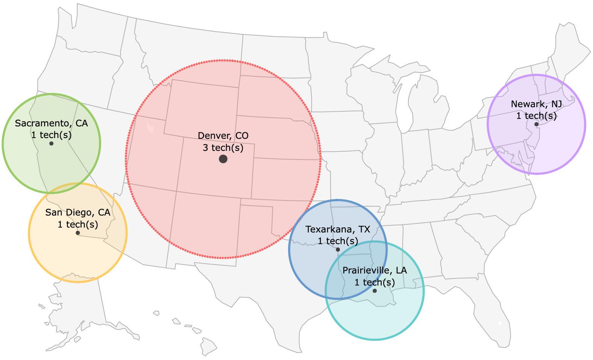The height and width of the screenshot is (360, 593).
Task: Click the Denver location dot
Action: click(x=223, y=159)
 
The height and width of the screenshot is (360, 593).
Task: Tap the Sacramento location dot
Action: click(x=52, y=143)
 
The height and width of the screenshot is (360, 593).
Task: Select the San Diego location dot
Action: click(x=78, y=233)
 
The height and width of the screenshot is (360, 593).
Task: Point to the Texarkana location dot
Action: click(x=338, y=249)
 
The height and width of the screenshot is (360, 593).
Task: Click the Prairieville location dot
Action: click(x=375, y=291)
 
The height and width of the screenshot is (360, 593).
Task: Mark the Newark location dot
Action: click(x=536, y=124)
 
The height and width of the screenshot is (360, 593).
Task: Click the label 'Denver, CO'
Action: click(x=223, y=136)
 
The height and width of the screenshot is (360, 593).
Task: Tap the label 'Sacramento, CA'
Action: click(x=52, y=123)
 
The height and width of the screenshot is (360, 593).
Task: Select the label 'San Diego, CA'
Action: click(x=78, y=213)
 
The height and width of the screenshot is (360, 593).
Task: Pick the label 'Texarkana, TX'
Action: click(x=338, y=229)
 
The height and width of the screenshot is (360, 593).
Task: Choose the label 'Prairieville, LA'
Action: click(x=375, y=270)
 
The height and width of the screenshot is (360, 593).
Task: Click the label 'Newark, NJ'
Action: click(x=536, y=104)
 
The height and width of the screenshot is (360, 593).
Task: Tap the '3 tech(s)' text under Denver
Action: click(x=223, y=148)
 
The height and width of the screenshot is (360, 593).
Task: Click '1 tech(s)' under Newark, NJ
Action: click(x=536, y=116)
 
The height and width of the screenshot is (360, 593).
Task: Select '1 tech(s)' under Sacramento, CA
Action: click(x=52, y=135)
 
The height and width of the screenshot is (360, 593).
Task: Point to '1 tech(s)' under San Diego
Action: click(x=78, y=225)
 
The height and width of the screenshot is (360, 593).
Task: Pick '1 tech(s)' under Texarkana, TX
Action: click(x=338, y=241)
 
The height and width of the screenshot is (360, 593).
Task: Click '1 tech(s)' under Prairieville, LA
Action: click(x=375, y=283)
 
